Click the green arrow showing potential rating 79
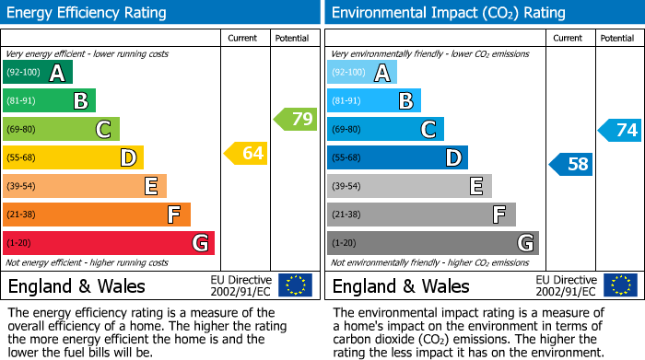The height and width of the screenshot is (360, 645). click(296, 119)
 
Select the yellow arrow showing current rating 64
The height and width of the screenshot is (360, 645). click(247, 154)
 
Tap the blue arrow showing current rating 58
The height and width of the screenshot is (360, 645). click(571, 165)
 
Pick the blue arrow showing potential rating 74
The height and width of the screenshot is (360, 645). click(620, 130)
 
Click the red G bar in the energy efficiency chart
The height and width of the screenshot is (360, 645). click(108, 243)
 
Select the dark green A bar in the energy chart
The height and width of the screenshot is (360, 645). click(37, 73)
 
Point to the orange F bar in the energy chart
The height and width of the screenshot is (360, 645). click(96, 215)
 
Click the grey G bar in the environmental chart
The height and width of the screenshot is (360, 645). click(432, 243)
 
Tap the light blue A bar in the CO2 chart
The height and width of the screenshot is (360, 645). click(361, 73)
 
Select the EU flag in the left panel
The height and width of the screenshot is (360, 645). click(295, 285)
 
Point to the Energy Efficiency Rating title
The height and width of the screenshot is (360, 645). click(88, 13)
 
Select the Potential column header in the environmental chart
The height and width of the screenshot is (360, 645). click(617, 38)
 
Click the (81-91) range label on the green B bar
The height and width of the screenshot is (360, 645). click(23, 101)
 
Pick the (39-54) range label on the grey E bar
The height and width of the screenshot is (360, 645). click(347, 187)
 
